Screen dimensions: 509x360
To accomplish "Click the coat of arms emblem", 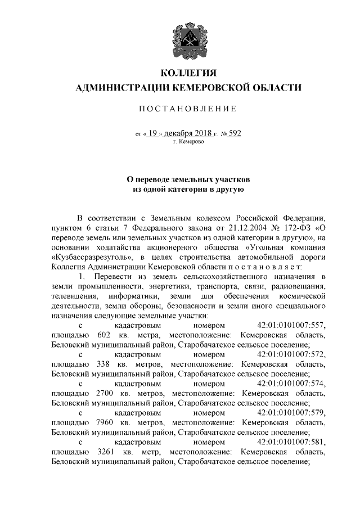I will click(188, 39).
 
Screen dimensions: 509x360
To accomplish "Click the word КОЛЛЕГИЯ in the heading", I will click(188, 73).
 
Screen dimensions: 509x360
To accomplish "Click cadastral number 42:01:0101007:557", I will click(291, 326).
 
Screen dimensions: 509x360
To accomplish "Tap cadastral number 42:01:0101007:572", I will click(291, 355).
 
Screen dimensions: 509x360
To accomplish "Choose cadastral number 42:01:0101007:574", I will click(291, 384).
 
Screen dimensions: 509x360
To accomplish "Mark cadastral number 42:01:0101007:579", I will click(291, 413).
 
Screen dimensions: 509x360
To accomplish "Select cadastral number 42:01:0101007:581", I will click(291, 443).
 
